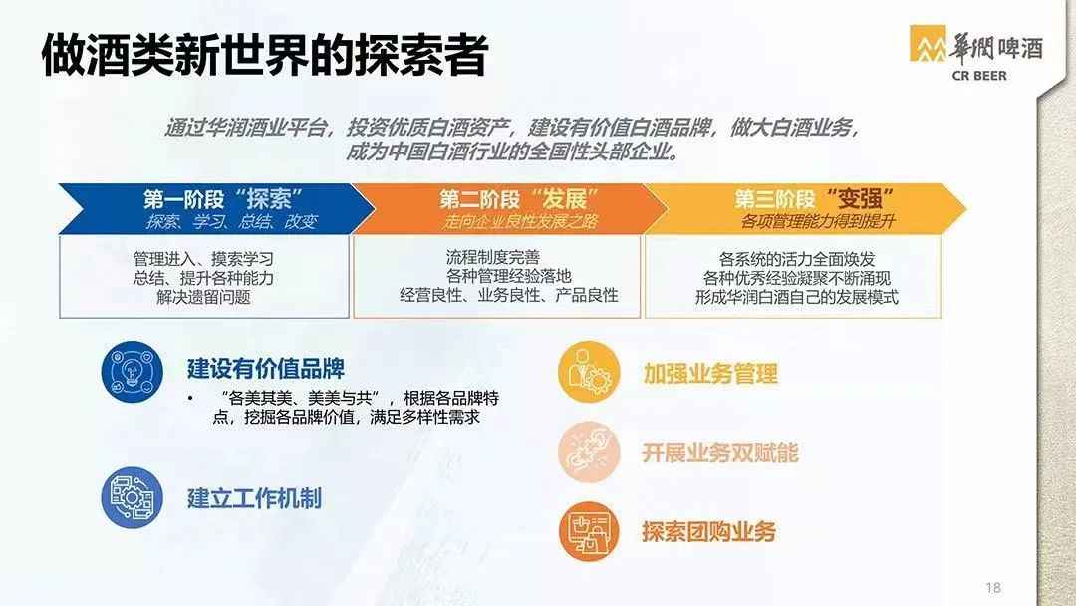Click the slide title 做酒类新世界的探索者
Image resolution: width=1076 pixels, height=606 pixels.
(265, 54)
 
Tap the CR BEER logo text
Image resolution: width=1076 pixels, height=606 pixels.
(979, 76)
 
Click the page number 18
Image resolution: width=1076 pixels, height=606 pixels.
(993, 587)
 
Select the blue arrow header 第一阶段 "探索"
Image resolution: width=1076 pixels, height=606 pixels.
(216, 208)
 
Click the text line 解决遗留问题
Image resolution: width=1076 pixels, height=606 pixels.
(204, 297)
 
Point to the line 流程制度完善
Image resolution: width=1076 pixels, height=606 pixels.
(493, 257)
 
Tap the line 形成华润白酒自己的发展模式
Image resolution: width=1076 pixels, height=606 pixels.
(797, 297)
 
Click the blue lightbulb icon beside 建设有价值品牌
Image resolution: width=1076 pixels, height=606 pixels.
(132, 371)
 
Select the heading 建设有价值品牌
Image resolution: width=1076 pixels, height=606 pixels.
(266, 369)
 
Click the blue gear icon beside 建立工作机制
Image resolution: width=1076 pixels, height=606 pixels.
(132, 497)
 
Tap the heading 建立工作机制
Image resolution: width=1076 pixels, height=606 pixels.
(254, 498)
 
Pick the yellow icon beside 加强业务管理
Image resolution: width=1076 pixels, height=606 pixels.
(589, 372)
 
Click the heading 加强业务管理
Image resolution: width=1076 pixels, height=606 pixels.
(710, 374)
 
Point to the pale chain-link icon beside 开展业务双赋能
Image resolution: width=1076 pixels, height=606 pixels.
(589, 452)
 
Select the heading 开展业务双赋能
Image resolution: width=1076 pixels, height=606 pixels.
(720, 453)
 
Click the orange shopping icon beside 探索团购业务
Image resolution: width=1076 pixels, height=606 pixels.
(589, 531)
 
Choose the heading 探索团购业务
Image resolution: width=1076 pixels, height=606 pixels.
(709, 532)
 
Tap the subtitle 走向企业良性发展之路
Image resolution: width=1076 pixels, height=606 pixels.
(520, 221)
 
